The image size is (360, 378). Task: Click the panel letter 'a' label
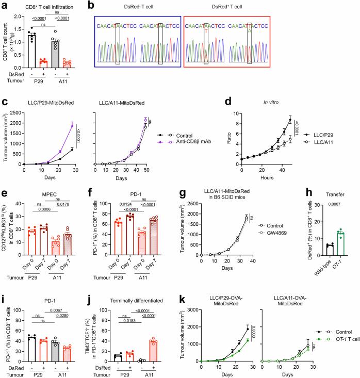coord(4,5)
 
